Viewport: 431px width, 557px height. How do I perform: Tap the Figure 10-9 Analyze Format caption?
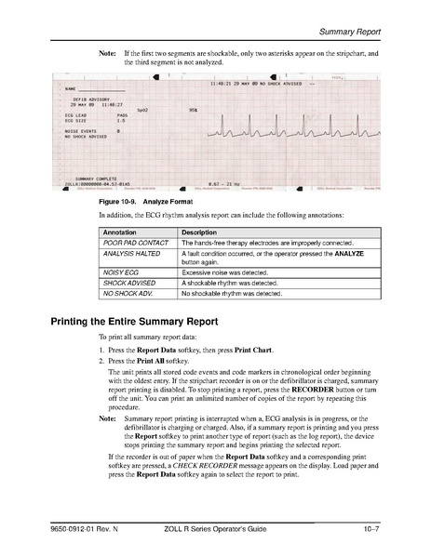coord(144,201)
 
